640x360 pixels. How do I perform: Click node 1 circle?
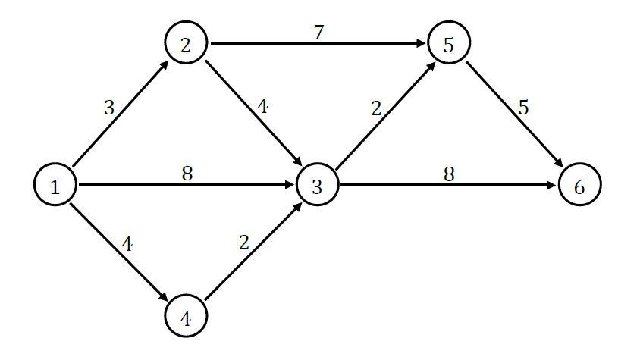(55, 186)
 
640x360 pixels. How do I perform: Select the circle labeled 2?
(186, 43)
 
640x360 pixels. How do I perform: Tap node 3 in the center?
(317, 186)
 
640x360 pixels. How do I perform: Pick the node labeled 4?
(186, 318)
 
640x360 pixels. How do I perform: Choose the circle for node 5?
(449, 43)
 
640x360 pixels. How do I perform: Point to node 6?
(579, 186)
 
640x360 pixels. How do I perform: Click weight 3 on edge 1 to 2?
(109, 108)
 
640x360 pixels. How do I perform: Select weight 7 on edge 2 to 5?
(319, 33)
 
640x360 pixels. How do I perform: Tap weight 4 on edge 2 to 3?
(262, 106)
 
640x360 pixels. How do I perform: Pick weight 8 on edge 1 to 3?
(187, 174)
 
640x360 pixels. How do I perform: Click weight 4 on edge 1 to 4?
(127, 245)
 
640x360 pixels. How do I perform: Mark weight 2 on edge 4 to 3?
(243, 243)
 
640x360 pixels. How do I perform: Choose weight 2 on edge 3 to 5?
(376, 108)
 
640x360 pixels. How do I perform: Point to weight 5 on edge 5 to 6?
(523, 108)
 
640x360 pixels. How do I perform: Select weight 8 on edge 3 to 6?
(449, 174)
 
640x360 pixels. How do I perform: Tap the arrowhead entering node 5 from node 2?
(421, 43)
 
